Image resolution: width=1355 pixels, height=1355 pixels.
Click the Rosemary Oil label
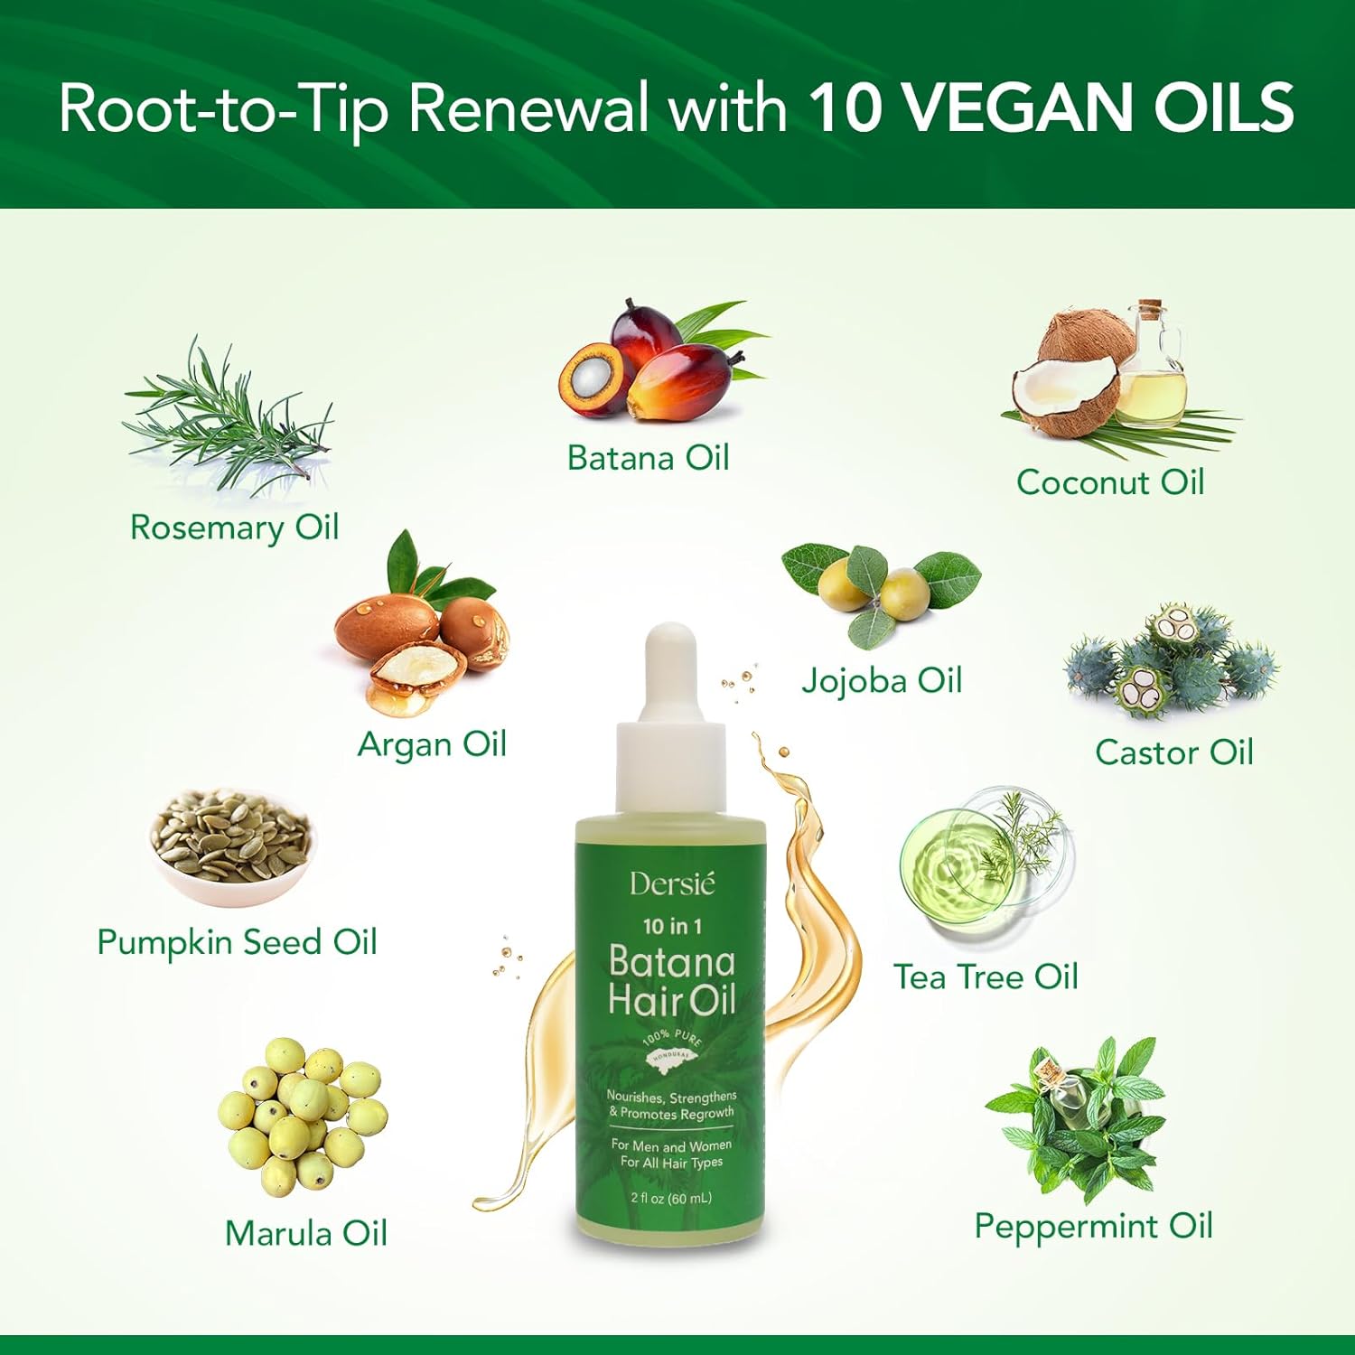235,528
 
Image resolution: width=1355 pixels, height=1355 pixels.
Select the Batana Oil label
649,458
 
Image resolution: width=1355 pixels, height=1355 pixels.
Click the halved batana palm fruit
591,378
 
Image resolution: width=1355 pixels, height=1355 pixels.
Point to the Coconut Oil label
1110,482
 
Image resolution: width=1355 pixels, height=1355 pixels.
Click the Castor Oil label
1174,752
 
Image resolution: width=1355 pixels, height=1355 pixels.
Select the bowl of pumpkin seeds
231,846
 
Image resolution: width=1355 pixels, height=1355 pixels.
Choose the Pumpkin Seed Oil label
237,943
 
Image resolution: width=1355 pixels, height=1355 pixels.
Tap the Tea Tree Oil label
986,977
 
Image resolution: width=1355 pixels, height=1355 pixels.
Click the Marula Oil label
306,1234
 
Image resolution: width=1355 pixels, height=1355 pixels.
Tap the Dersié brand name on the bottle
672,883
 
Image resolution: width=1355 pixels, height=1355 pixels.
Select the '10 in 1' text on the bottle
672,926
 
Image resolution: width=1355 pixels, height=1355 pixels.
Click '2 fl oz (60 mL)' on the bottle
671,1198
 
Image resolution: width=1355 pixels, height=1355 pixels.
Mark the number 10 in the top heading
844,107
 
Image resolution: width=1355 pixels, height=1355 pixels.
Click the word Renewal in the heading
528,107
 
